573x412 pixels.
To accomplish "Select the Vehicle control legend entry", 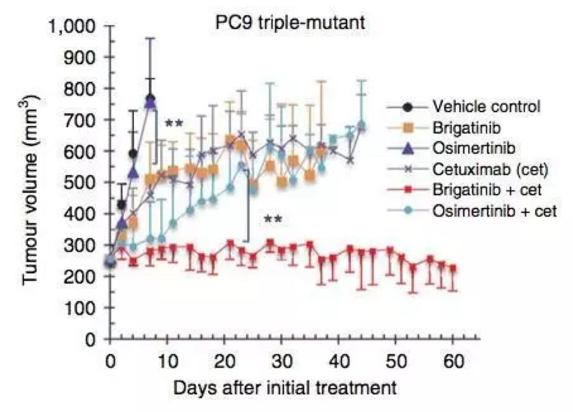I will [486, 107].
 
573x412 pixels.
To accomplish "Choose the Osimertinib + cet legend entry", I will [495, 211].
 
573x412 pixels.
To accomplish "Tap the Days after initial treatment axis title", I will [284, 388].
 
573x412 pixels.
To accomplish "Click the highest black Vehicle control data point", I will [150, 98].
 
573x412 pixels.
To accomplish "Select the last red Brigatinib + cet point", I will [453, 268].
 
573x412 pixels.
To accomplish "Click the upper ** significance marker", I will [174, 124].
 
